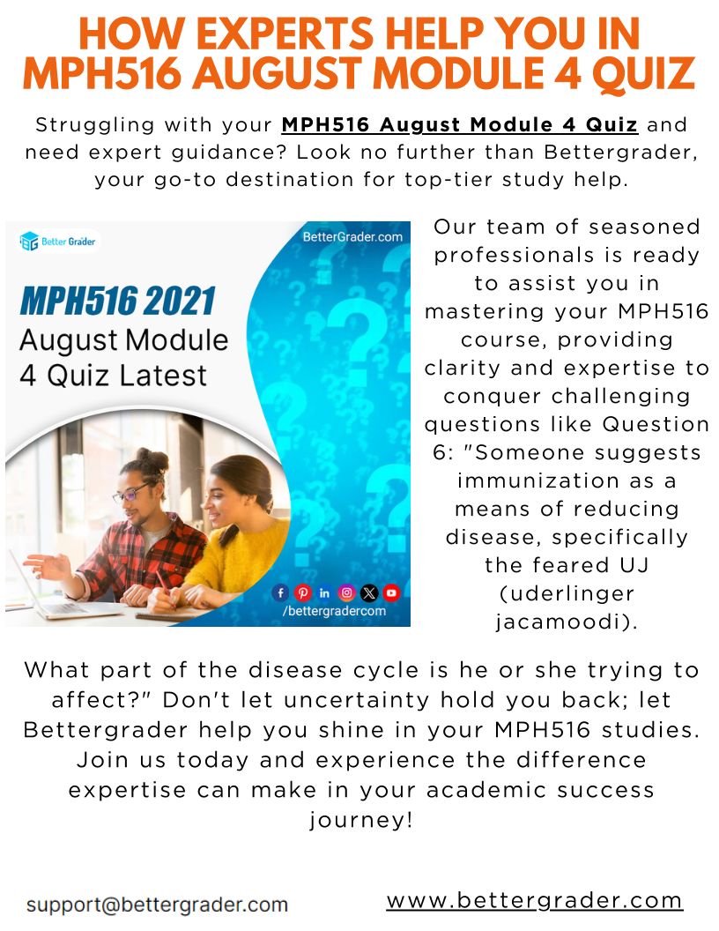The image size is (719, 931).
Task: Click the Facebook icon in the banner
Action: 280,592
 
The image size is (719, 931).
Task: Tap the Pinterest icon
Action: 302,592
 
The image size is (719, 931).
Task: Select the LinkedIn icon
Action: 324,592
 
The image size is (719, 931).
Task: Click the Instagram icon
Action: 346,592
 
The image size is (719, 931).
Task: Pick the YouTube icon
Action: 391,592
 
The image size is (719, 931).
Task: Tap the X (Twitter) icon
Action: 369,592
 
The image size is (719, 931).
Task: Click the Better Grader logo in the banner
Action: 57,242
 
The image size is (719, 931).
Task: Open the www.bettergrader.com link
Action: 535,900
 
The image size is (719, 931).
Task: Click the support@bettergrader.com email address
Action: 157,905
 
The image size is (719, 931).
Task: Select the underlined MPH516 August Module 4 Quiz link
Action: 460,124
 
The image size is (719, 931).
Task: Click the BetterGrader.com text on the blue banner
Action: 352,237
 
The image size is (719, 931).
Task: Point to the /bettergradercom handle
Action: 334,611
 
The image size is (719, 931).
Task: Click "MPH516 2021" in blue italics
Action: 117,301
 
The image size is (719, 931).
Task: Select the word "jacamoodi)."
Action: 567,622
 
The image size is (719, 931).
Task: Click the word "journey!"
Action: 360,821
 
